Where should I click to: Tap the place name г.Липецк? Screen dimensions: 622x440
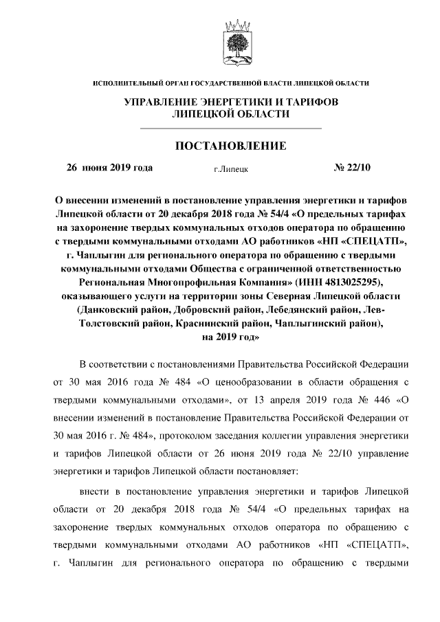231,168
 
